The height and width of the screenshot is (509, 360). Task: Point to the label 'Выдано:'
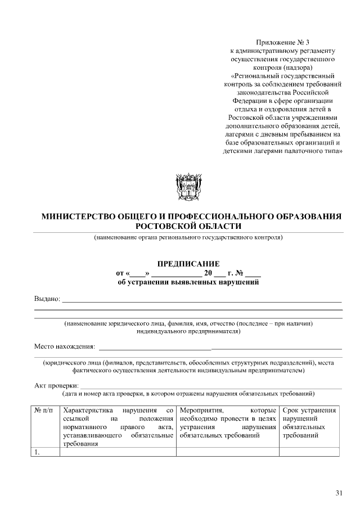click(x=47, y=299)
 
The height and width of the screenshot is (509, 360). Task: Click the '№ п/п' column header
click(x=45, y=411)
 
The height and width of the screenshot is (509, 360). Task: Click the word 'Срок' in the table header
click(x=291, y=411)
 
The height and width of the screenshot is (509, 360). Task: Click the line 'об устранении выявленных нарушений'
click(x=188, y=282)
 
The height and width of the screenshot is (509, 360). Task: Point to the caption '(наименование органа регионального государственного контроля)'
click(x=188, y=237)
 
